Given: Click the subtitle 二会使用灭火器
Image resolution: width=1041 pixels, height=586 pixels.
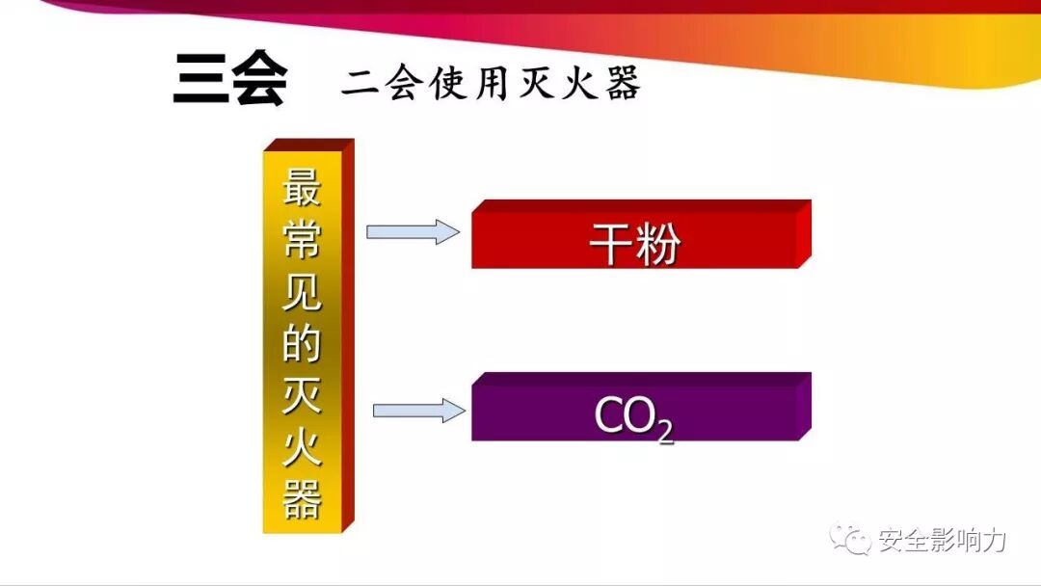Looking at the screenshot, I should click(x=491, y=85).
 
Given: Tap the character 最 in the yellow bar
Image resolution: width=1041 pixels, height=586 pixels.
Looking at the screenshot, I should click(x=302, y=187).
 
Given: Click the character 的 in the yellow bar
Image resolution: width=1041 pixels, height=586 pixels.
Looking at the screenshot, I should click(x=302, y=344).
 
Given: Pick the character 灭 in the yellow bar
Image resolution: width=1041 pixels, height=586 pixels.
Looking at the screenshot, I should click(x=302, y=396).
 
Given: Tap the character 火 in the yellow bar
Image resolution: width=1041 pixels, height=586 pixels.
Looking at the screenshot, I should click(x=302, y=448).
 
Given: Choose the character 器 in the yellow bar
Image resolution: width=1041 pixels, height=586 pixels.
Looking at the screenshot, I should click(x=302, y=500).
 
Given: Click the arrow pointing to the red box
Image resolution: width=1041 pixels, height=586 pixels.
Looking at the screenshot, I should click(x=413, y=231).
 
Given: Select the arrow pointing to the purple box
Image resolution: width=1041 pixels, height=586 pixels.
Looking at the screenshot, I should click(x=418, y=411).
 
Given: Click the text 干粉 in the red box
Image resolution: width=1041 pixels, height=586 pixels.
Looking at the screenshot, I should click(x=634, y=245).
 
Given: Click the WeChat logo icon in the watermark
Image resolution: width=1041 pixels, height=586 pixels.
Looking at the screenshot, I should click(x=850, y=540).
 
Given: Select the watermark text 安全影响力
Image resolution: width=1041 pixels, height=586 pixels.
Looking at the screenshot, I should click(x=942, y=541).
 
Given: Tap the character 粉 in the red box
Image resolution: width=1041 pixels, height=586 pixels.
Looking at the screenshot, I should click(x=658, y=245).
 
